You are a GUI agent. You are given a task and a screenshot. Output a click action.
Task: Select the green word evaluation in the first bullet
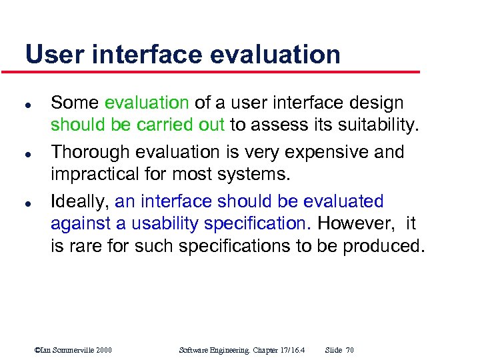[x=147, y=103]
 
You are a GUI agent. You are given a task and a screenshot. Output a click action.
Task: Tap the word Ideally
[x=80, y=201]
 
